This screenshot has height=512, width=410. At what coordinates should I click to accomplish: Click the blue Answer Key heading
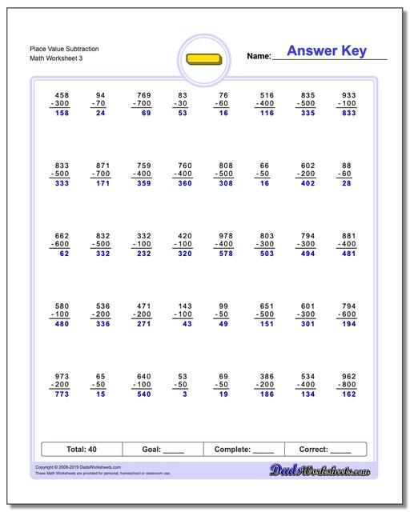click(326, 51)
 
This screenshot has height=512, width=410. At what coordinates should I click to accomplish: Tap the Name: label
click(259, 56)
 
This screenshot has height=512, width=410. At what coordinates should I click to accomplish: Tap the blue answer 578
click(226, 254)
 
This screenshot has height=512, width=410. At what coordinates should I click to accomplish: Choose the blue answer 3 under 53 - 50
click(184, 394)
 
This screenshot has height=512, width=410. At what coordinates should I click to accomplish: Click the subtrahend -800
click(347, 385)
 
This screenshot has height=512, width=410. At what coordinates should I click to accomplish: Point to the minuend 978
click(226, 235)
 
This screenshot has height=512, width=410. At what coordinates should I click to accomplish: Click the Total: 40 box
click(82, 450)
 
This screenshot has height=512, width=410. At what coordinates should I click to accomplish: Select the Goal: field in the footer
click(163, 450)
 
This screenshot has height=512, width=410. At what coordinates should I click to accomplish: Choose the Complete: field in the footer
click(244, 450)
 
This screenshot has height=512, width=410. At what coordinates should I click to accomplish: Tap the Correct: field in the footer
click(325, 450)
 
